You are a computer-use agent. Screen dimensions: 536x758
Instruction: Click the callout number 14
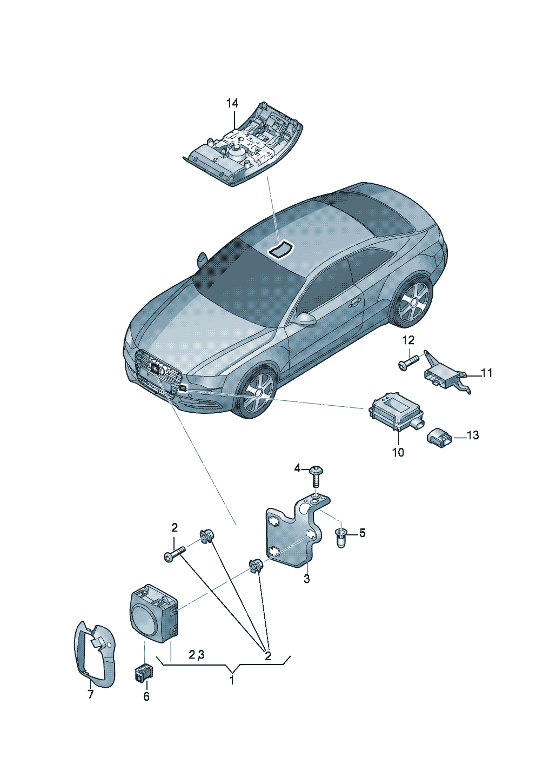point(232,103)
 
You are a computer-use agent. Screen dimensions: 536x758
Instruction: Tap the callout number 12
point(408,340)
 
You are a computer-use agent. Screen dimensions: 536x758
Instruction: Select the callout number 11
point(486,373)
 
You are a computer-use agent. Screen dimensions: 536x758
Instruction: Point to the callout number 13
point(472,435)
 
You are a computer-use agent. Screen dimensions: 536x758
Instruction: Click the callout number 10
point(398,452)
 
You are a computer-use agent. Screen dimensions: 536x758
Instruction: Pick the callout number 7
point(90,695)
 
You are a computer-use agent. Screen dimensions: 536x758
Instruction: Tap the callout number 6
point(146,697)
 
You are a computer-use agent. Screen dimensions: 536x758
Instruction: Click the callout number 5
point(362,533)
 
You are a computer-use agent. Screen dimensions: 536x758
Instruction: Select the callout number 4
point(297,468)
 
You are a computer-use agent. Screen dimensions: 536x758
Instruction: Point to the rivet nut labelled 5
point(341,538)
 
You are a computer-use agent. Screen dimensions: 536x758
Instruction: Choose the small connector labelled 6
point(144,672)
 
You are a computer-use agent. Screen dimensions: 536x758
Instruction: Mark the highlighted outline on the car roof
point(281,249)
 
